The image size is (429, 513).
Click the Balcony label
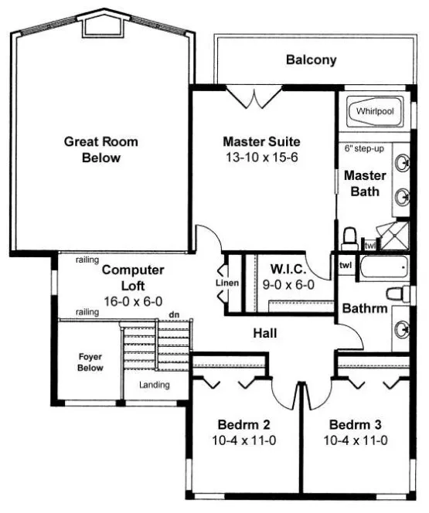point(311,59)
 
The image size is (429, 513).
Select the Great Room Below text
point(100,149)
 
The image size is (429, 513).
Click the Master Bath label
point(364,183)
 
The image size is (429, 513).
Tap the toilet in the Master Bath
point(349,237)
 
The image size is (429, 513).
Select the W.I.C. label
point(289,270)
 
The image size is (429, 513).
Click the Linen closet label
point(227,283)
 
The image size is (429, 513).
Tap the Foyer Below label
point(91,364)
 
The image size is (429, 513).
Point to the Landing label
point(155,385)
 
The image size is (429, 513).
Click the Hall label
point(266,334)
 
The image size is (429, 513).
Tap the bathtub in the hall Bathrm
point(383,270)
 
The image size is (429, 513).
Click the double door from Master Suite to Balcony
point(255,99)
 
